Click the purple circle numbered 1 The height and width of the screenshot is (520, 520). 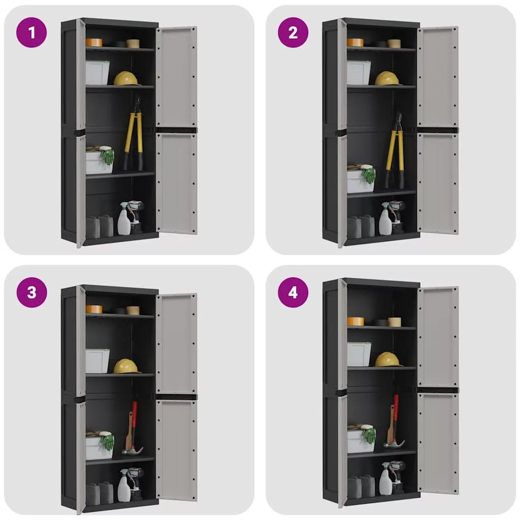pos(31,32)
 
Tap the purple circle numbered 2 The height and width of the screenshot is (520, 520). pos(293,32)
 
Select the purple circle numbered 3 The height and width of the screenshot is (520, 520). pos(31,292)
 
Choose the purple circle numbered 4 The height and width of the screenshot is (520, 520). pos(293,292)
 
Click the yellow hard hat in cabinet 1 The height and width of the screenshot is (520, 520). pos(126,79)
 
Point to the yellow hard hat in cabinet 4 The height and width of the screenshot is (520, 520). pos(388,360)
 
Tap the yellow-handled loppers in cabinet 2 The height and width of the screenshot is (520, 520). pos(395,151)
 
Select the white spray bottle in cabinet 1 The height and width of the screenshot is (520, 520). pos(124,219)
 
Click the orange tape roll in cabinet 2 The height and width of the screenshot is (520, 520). pos(355,43)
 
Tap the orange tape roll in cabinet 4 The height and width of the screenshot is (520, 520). pos(355,321)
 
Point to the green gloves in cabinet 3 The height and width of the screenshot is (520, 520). pos(107,442)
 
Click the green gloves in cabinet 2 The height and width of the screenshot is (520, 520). pos(369,175)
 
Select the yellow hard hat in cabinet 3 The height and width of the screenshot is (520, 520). pos(126,366)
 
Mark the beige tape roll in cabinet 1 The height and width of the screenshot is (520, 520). pos(133,44)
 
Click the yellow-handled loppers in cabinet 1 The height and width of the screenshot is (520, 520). pos(134,134)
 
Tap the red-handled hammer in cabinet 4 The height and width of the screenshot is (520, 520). pos(394,421)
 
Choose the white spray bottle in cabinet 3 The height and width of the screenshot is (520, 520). pos(124,485)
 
